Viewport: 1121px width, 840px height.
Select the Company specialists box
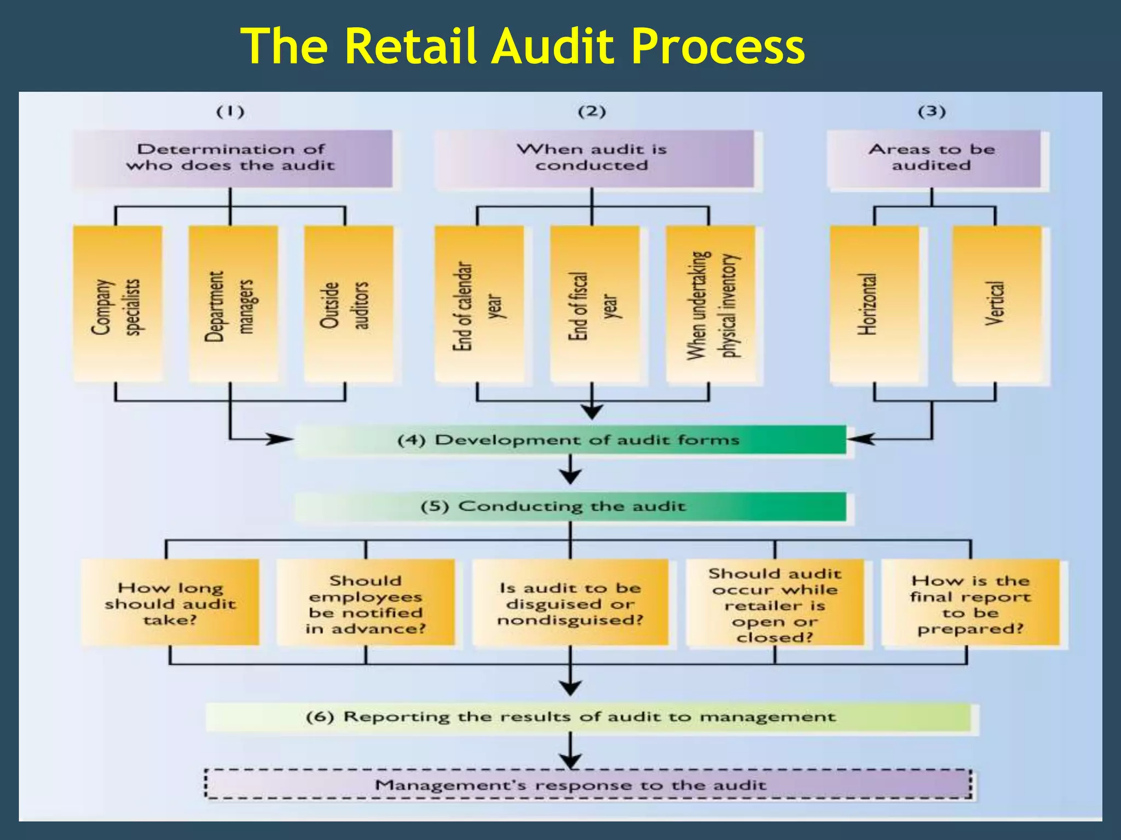pos(118,304)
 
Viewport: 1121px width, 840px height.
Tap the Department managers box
pos(233,304)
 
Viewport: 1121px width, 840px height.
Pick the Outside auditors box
pos(349,304)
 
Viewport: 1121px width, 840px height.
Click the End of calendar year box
pos(479,304)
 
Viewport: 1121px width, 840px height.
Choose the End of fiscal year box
pos(594,304)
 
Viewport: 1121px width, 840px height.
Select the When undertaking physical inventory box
pos(710,304)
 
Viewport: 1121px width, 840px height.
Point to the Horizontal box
pos(874,304)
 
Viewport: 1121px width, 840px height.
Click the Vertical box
pos(996,304)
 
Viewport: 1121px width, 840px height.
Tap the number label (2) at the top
pos(592,112)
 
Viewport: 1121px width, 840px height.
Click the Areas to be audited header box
pos(933,158)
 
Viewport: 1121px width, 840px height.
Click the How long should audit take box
pos(170,603)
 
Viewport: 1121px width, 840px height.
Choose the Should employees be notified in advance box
pos(366,603)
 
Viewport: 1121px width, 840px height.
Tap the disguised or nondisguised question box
pos(570,603)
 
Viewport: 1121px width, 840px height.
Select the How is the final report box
pos(970,603)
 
